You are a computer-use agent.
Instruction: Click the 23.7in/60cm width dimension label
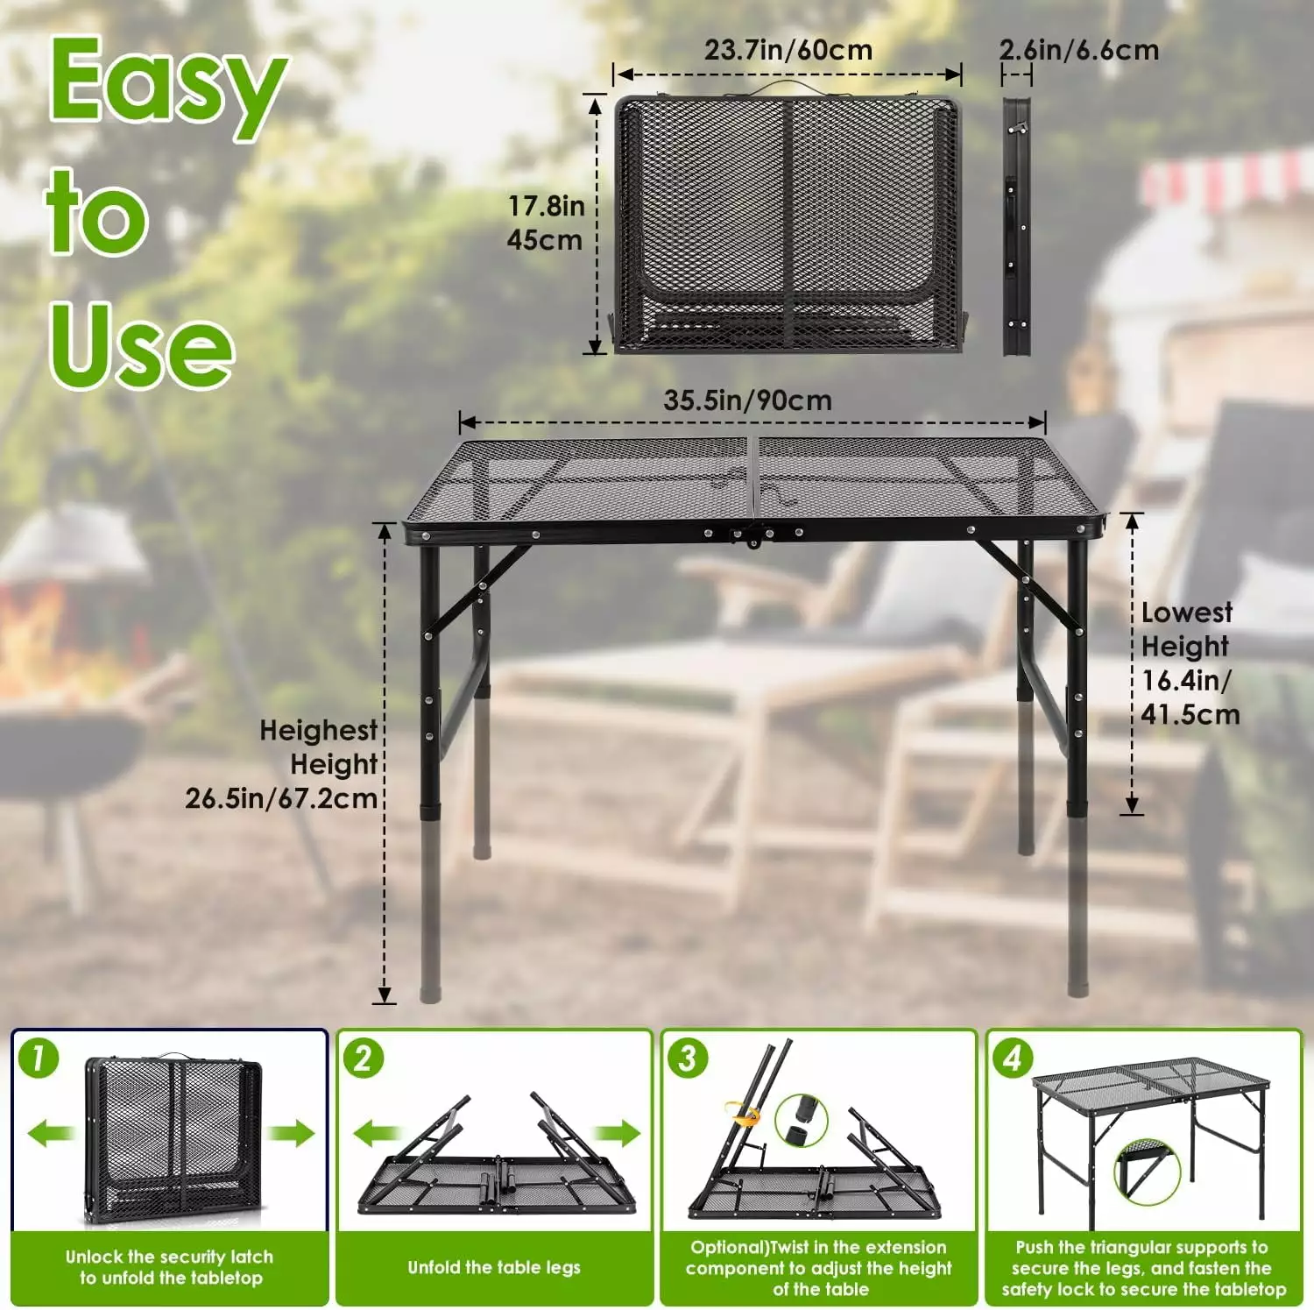788,50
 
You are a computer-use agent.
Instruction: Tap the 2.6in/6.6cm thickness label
1079,50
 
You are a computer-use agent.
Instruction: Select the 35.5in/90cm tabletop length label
747,400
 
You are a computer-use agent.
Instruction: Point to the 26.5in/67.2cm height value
281,798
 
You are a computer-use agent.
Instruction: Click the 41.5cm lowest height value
1190,714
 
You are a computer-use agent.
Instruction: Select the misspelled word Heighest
318,730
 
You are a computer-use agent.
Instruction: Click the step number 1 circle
39,1058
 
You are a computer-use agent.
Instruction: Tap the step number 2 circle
364,1058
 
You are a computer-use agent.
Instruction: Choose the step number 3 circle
688,1058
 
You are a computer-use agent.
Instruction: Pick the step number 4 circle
1013,1058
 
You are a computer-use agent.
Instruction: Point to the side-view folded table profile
1017,226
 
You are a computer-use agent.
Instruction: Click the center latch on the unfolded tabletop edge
752,535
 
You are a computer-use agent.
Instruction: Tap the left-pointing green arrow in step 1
51,1133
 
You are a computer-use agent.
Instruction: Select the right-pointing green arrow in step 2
618,1133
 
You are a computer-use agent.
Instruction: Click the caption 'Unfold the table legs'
494,1267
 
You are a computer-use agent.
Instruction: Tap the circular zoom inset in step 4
1147,1172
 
